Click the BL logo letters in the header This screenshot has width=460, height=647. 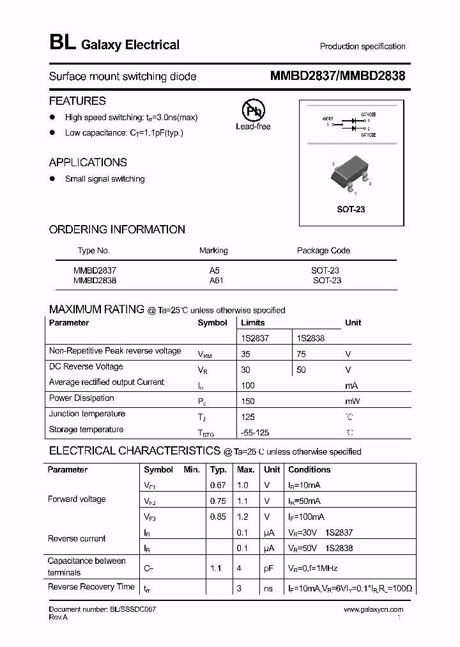coord(62,43)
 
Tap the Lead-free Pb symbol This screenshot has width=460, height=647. coord(253,109)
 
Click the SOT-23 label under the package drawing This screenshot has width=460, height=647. coord(351,209)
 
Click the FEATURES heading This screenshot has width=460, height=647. coord(77,101)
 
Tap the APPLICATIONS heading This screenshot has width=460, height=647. coord(88,162)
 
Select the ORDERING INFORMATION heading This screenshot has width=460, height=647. coord(117,230)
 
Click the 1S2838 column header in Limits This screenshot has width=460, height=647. coord(310,338)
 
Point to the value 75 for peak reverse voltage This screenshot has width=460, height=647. coord(302,354)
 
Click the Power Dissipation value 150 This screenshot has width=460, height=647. coord(248,401)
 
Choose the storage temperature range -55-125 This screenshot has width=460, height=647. coord(255,433)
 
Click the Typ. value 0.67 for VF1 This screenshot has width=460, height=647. coord(218,485)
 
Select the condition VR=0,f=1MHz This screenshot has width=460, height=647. coord(313,568)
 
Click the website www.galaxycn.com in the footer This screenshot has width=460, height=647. coord(374,610)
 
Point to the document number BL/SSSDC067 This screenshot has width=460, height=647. coord(102,610)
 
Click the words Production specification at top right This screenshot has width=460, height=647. coord(362,46)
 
